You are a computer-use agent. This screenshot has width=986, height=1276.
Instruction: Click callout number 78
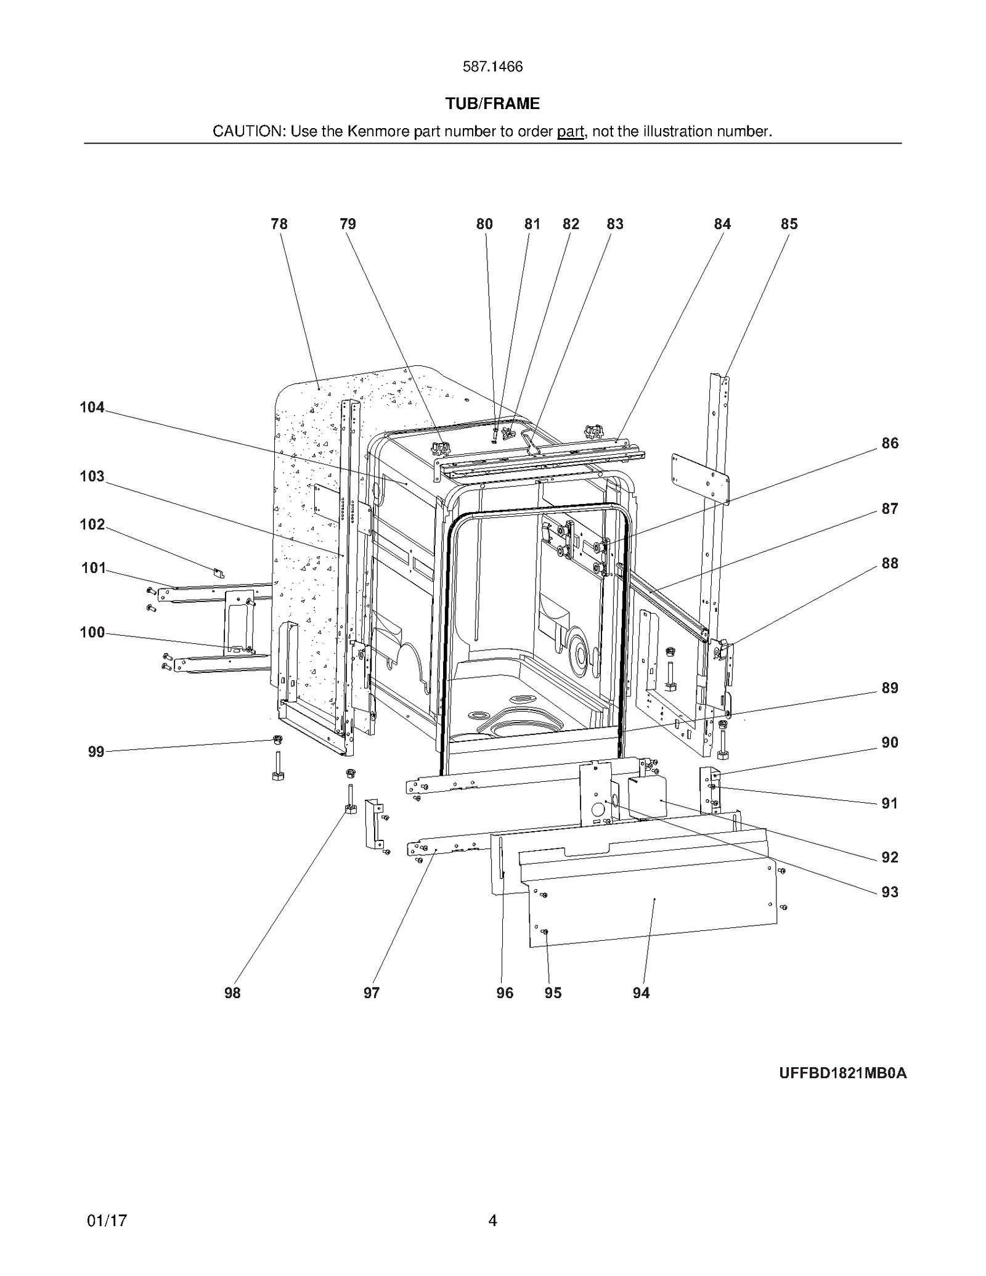point(279,224)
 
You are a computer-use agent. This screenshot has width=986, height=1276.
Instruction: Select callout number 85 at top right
point(789,224)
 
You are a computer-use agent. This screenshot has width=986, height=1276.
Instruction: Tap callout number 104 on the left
point(92,407)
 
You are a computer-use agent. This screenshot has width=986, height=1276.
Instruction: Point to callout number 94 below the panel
point(641,993)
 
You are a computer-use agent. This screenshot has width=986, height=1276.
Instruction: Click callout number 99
point(96,752)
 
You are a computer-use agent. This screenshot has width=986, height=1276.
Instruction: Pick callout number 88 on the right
point(889,563)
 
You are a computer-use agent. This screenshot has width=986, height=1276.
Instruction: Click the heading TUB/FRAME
point(492,104)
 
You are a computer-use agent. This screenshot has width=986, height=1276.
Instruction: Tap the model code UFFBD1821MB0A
point(842,1073)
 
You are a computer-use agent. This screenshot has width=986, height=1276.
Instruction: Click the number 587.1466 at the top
point(492,67)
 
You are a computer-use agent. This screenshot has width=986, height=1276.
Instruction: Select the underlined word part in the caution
point(570,131)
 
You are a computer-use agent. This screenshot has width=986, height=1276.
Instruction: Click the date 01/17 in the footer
point(107,1221)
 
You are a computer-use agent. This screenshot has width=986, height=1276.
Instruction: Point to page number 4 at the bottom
point(492,1221)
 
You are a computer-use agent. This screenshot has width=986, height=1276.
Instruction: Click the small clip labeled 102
point(219,573)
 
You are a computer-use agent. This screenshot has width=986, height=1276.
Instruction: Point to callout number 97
point(371,993)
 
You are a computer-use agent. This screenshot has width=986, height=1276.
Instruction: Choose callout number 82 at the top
point(571,224)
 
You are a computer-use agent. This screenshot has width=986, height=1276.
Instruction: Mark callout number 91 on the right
point(889,803)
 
